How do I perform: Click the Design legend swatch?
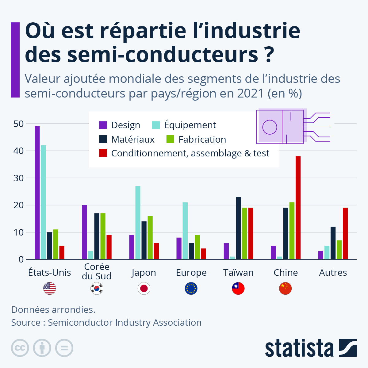(x=103, y=125)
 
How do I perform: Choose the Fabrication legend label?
(x=202, y=140)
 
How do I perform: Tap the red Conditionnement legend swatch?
(x=103, y=153)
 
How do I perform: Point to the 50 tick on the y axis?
(x=18, y=124)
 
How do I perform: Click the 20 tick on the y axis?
(x=18, y=205)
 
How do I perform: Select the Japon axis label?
(x=144, y=273)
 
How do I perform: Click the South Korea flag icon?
(x=97, y=289)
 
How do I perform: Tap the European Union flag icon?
(x=191, y=289)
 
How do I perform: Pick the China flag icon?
(x=286, y=289)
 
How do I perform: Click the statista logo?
(x=311, y=348)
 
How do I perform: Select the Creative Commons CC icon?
(x=20, y=348)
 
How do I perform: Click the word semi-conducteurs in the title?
(x=163, y=55)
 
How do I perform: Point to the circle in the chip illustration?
(x=270, y=127)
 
